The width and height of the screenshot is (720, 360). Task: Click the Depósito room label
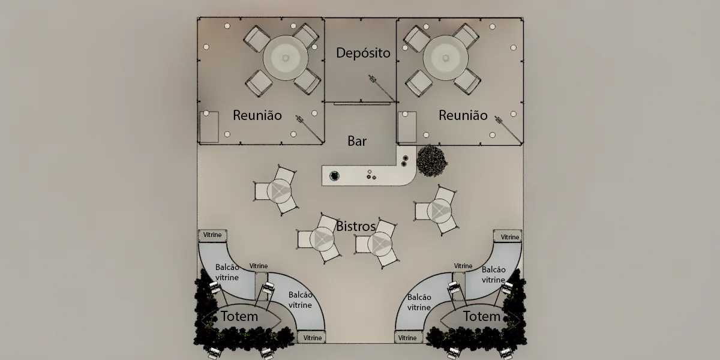(x=363, y=53)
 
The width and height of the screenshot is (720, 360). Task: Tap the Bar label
(x=357, y=141)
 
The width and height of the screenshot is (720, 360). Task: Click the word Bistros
(x=356, y=227)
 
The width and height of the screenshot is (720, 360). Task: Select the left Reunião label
(x=257, y=115)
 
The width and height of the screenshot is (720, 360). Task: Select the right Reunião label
(x=463, y=115)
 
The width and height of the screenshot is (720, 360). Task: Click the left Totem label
(x=239, y=317)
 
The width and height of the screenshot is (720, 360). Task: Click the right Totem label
(x=481, y=317)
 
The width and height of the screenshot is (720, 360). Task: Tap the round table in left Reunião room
(x=286, y=58)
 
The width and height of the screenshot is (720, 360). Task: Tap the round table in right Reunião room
(x=445, y=58)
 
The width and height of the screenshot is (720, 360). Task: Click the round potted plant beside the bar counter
(x=432, y=161)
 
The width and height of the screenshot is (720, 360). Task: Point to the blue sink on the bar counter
(x=334, y=176)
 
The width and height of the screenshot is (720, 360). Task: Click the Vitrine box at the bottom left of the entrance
(x=311, y=337)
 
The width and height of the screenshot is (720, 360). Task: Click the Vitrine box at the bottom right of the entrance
(x=409, y=337)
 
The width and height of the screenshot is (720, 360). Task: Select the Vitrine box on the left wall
(x=212, y=236)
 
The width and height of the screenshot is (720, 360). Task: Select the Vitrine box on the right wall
(x=508, y=236)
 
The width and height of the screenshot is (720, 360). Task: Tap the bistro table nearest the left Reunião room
(x=278, y=191)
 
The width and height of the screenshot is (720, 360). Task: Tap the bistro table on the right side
(x=439, y=211)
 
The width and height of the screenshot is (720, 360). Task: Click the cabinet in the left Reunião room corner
(x=209, y=127)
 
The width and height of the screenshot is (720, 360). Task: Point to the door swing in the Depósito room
(x=383, y=88)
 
